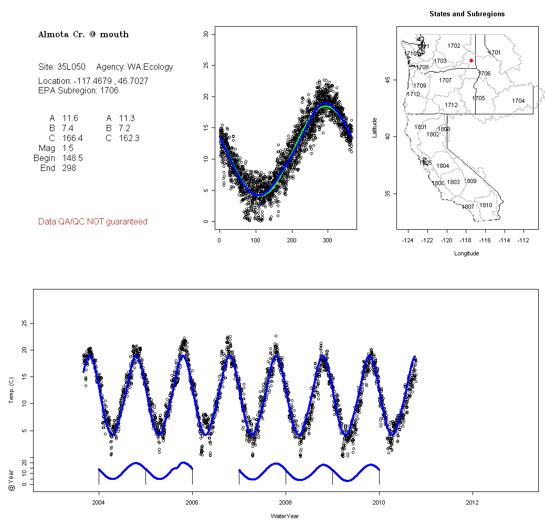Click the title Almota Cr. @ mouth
(83, 35)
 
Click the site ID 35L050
(71, 67)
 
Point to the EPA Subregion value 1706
(109, 90)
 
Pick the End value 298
(69, 168)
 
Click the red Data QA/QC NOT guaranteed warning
(92, 222)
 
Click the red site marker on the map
(471, 61)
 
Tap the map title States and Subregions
(467, 14)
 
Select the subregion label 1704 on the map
(518, 101)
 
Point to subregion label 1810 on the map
(486, 205)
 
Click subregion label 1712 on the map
(451, 105)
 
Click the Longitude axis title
(466, 253)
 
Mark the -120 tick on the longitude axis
(447, 240)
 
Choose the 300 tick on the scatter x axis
(328, 240)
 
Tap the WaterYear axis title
(285, 516)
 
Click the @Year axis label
(12, 473)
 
